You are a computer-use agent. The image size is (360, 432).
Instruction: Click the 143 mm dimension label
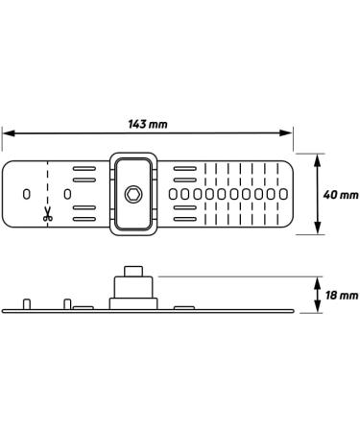click(x=148, y=124)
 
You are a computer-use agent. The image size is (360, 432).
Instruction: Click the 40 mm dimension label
click(x=341, y=195)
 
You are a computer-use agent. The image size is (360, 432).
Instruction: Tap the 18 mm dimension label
click(x=342, y=295)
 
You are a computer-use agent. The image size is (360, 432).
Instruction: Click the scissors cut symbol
click(x=48, y=214)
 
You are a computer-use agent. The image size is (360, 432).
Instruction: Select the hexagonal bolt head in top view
click(x=133, y=194)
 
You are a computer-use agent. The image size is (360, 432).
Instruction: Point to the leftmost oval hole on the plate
click(x=27, y=194)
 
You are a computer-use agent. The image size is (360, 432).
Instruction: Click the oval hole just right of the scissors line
click(x=67, y=194)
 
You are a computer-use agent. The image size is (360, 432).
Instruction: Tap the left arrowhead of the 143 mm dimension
click(x=9, y=133)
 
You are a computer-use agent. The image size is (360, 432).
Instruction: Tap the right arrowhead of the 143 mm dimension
click(x=286, y=132)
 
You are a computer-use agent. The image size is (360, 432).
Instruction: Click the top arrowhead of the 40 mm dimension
click(x=318, y=160)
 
